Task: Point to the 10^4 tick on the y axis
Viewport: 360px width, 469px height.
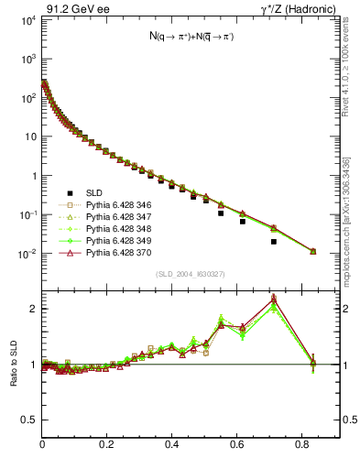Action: pyautogui.click(x=27, y=19)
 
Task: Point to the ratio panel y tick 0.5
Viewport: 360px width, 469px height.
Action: pyautogui.click(x=30, y=420)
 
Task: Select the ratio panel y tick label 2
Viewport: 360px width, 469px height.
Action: pyautogui.click(x=33, y=309)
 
